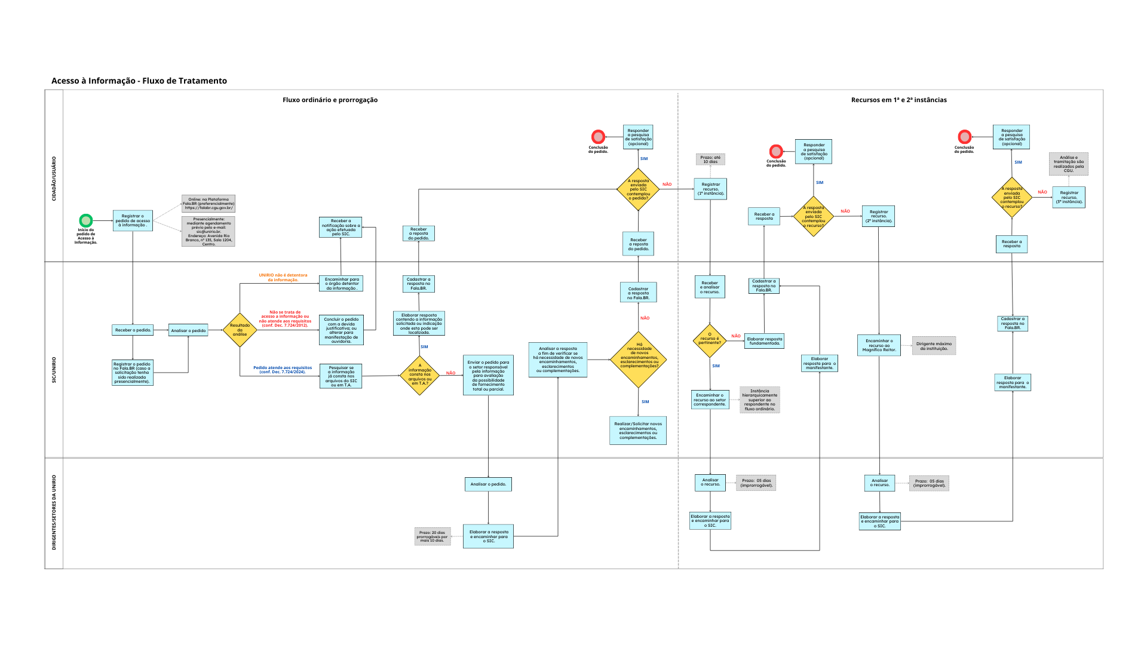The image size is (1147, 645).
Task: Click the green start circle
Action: pos(86,220)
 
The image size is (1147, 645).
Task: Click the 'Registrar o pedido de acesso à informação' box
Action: pos(133,220)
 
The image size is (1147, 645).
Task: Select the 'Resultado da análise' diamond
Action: pos(240,330)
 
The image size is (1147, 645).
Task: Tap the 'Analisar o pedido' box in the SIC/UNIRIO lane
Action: pos(188,330)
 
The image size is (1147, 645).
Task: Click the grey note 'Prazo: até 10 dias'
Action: pos(710,159)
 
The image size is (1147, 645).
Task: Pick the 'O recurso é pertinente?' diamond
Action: pos(710,340)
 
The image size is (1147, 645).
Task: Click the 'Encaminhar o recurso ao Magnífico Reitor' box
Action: pos(879,345)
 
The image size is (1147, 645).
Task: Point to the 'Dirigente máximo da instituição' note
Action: pos(934,346)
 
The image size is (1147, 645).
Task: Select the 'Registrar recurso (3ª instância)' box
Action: pos(1069,197)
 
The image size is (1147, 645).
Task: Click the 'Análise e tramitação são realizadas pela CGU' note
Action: pos(1068,164)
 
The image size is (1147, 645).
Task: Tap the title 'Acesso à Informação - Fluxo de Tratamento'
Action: pos(139,81)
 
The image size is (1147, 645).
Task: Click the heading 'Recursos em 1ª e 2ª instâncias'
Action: pos(898,100)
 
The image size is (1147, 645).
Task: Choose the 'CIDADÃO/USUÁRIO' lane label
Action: pos(54,179)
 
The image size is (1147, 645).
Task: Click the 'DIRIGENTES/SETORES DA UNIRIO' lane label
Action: pos(54,512)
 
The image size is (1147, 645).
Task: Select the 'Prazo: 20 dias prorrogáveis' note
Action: pos(433,536)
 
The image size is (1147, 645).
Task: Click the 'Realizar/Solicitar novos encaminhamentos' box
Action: pos(638,431)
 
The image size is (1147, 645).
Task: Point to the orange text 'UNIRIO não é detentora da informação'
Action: pos(283,278)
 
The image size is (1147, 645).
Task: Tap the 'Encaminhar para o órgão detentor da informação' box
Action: pos(341,284)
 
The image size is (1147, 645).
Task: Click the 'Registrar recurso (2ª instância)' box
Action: pos(878,216)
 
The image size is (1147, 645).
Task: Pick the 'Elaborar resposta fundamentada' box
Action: pos(764,341)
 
